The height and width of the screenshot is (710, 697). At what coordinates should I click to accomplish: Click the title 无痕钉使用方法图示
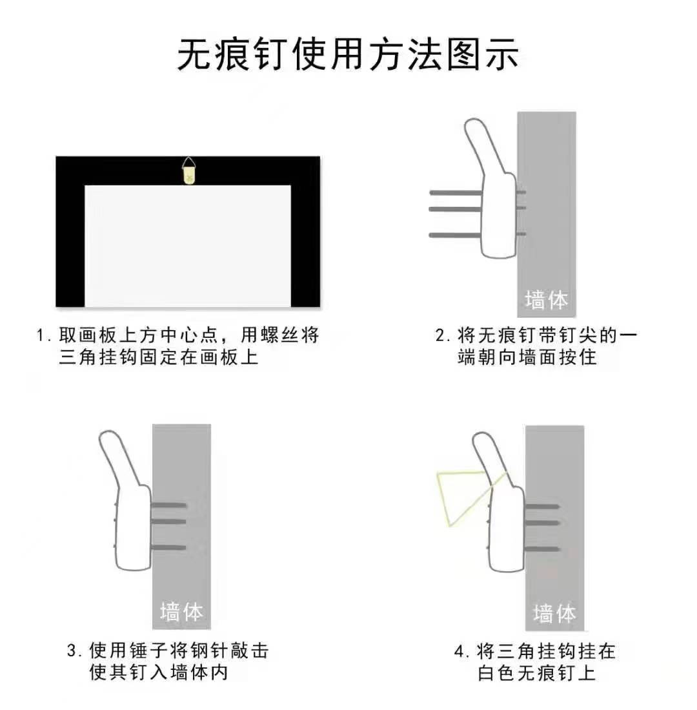pos(348,54)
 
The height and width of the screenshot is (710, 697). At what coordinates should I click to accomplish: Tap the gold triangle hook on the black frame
pos(188,173)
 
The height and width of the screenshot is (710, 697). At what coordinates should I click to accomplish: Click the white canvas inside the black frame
pos(188,245)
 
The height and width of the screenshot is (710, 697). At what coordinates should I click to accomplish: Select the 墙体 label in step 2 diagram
pos(546,300)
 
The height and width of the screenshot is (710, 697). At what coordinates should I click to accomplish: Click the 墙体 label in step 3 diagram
pos(181,611)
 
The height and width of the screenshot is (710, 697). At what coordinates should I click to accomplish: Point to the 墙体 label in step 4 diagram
pos(554,612)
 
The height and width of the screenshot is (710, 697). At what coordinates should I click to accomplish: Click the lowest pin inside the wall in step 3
pos(169,548)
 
